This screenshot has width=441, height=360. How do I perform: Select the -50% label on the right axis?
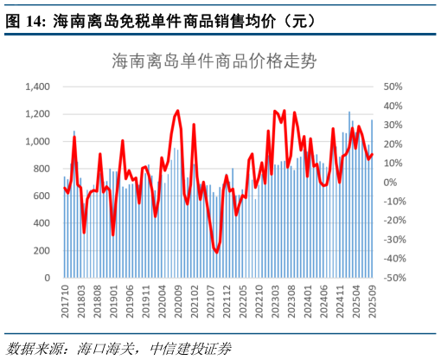[x=393, y=279]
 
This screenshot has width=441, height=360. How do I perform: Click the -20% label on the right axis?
[x=393, y=221]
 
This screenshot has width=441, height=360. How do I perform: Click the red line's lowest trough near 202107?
[x=216, y=252]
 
